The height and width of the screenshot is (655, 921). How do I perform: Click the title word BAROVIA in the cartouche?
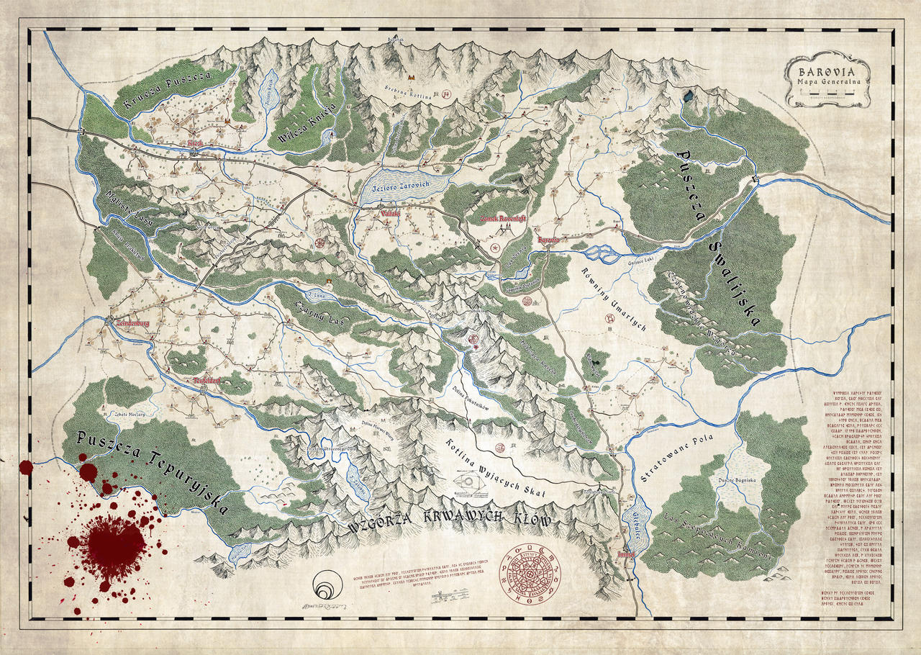(x=827, y=72)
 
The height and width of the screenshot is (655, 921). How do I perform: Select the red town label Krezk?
(x=195, y=144)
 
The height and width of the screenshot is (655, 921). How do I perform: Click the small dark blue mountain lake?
(x=690, y=95)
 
